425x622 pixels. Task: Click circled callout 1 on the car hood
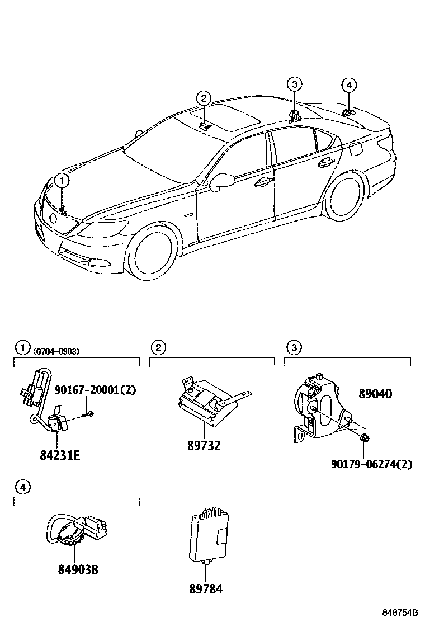(x=62, y=181)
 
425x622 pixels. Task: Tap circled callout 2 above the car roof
(x=204, y=99)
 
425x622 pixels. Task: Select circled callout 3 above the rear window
(x=295, y=84)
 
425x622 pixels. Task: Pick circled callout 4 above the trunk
(x=348, y=85)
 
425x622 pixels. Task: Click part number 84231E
(x=60, y=455)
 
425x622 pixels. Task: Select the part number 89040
(x=375, y=394)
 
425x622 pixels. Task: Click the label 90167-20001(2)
(x=95, y=390)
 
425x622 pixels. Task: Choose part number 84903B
(x=78, y=570)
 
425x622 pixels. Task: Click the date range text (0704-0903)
(x=56, y=351)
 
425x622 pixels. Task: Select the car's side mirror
(x=220, y=180)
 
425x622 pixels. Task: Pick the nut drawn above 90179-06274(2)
(x=364, y=438)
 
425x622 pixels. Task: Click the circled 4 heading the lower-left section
(x=22, y=488)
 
